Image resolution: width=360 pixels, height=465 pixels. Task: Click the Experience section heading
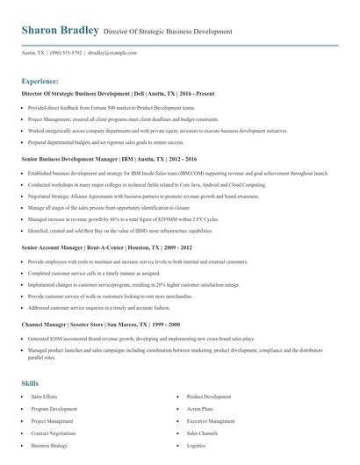tap(40, 79)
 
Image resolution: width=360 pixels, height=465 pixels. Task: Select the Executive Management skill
tap(210, 421)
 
